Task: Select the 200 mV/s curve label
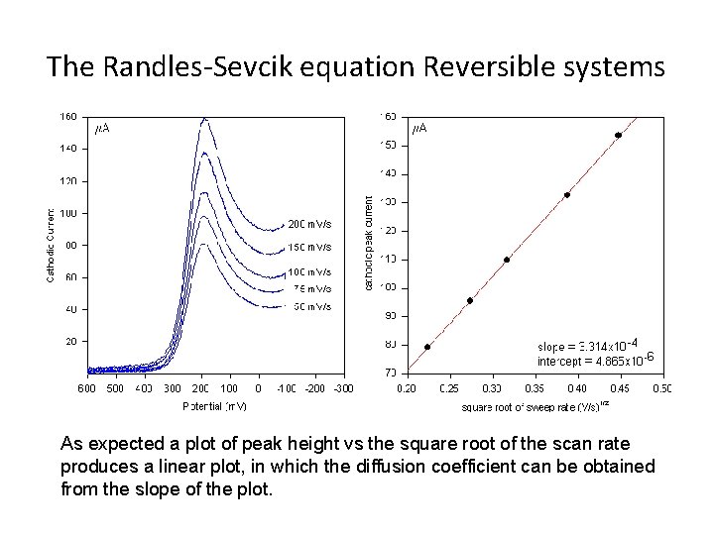pos(309,222)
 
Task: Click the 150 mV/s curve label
pos(309,247)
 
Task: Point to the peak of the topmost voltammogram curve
pos(205,120)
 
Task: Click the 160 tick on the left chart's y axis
pos(68,116)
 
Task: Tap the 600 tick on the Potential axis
pos(86,388)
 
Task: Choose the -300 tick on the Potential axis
pos(343,388)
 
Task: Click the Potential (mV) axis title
pos(215,406)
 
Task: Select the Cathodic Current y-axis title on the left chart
pos(52,244)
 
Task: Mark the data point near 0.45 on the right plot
pos(618,135)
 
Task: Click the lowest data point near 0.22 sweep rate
pos(427,347)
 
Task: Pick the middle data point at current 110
pos(507,260)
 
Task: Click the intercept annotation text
pos(593,361)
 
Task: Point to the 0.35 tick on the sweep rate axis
pos(535,388)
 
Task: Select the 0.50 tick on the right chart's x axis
pos(661,388)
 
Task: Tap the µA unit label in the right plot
pos(420,129)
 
